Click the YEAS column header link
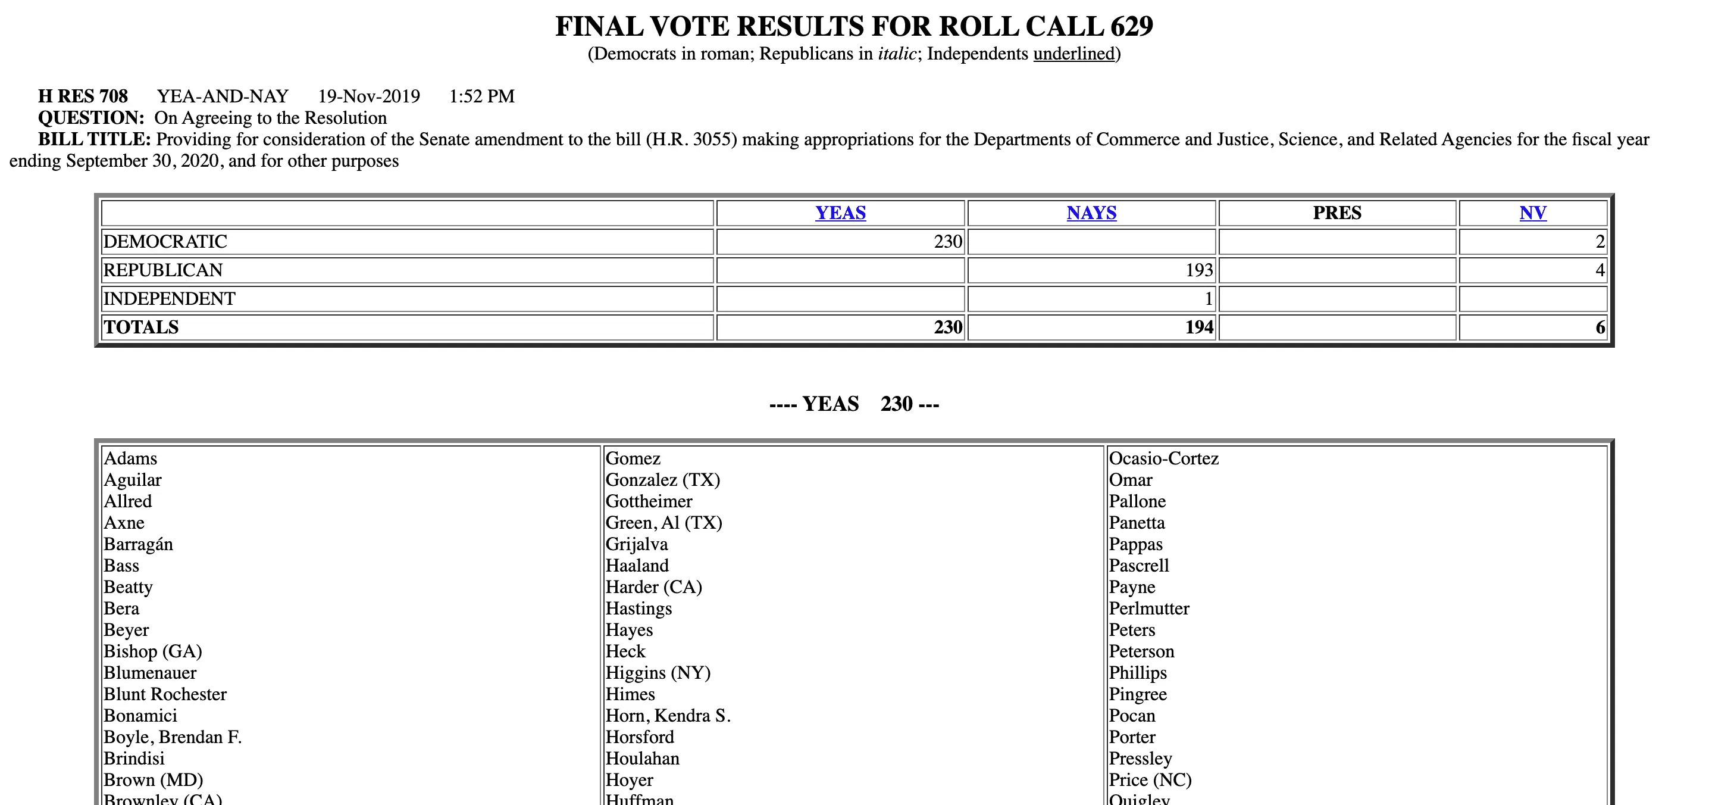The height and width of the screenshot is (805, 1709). click(x=840, y=213)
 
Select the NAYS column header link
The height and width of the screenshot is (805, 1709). click(x=1091, y=213)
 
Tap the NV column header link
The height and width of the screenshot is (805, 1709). click(x=1532, y=213)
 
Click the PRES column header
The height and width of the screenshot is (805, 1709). click(x=1337, y=213)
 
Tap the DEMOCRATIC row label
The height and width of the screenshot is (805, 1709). click(x=165, y=242)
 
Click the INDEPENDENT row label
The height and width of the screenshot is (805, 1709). click(x=169, y=299)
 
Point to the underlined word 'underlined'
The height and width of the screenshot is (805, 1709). click(x=1074, y=54)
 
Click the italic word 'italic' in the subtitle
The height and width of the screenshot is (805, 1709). click(x=897, y=54)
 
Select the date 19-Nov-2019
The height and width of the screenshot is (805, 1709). click(x=369, y=96)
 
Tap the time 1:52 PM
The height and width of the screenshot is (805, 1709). click(x=481, y=96)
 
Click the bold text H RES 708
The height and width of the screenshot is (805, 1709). click(x=83, y=96)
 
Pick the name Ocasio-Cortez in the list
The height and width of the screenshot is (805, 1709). click(x=1164, y=458)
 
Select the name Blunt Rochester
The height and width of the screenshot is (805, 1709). click(x=165, y=694)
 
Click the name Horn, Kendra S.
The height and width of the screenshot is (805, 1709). click(x=668, y=716)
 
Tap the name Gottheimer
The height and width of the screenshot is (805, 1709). click(x=649, y=501)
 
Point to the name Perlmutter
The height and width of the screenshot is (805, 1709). click(x=1149, y=609)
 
